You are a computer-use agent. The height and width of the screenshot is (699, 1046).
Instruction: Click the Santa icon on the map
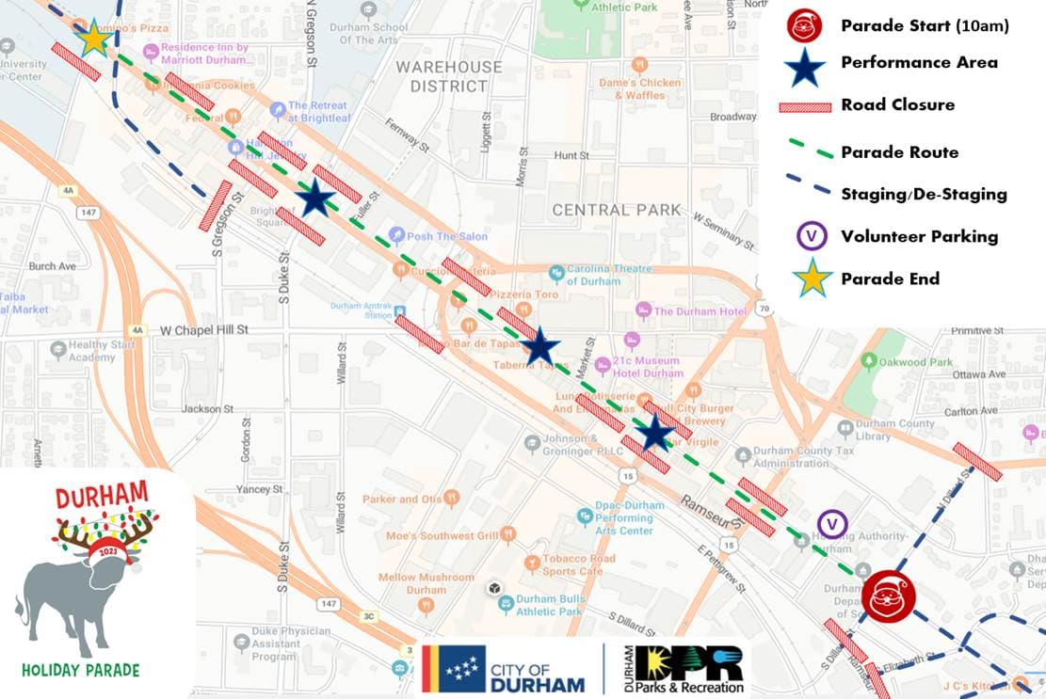coord(889,596)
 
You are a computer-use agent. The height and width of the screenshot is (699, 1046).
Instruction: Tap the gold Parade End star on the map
coord(93,39)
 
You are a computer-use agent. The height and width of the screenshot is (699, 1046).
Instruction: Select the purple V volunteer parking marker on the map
coord(832,525)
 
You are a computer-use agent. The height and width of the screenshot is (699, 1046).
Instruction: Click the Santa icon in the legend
coord(805,25)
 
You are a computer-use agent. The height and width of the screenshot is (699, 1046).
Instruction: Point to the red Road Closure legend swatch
coord(805,105)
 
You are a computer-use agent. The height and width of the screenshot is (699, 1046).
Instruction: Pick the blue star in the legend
coord(805,64)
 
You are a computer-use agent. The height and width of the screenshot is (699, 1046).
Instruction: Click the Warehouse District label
coord(448,76)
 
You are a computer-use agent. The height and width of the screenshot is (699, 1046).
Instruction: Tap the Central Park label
coord(617,210)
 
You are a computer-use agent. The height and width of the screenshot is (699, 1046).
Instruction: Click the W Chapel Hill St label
coord(203,330)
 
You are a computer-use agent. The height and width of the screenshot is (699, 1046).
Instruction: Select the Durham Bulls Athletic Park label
coord(549,605)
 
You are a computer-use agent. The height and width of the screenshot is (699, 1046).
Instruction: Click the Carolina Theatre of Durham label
coord(607,275)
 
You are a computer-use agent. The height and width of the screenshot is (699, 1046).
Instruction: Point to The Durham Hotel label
coord(700,311)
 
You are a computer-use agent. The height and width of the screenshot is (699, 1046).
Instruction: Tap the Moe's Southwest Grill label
coord(442,536)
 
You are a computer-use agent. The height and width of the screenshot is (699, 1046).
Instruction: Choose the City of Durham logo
coord(504,670)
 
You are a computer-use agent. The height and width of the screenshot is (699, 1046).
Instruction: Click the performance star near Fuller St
coord(314,199)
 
